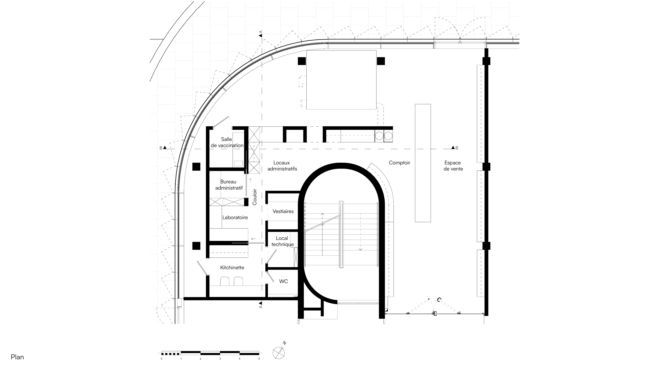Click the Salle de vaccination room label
227,142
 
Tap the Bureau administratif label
229,185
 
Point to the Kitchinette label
232,268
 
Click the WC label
283,281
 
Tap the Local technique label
282,241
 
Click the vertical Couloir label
255,197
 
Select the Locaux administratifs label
282,166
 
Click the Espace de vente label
453,166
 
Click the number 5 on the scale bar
259,359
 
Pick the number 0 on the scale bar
161,359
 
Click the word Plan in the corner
17,357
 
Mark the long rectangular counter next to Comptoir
423,163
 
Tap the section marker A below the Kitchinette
261,305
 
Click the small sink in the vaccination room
238,163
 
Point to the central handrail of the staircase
341,234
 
